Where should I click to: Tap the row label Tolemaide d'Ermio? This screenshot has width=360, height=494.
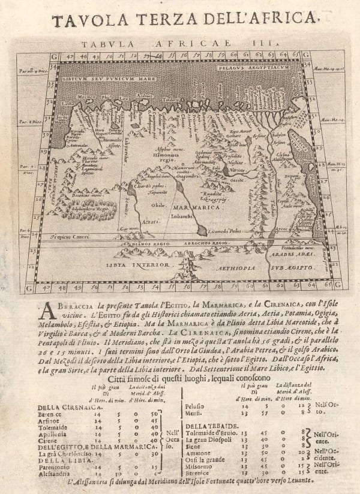point(208,433)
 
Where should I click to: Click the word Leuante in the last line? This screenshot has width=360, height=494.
point(294,481)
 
